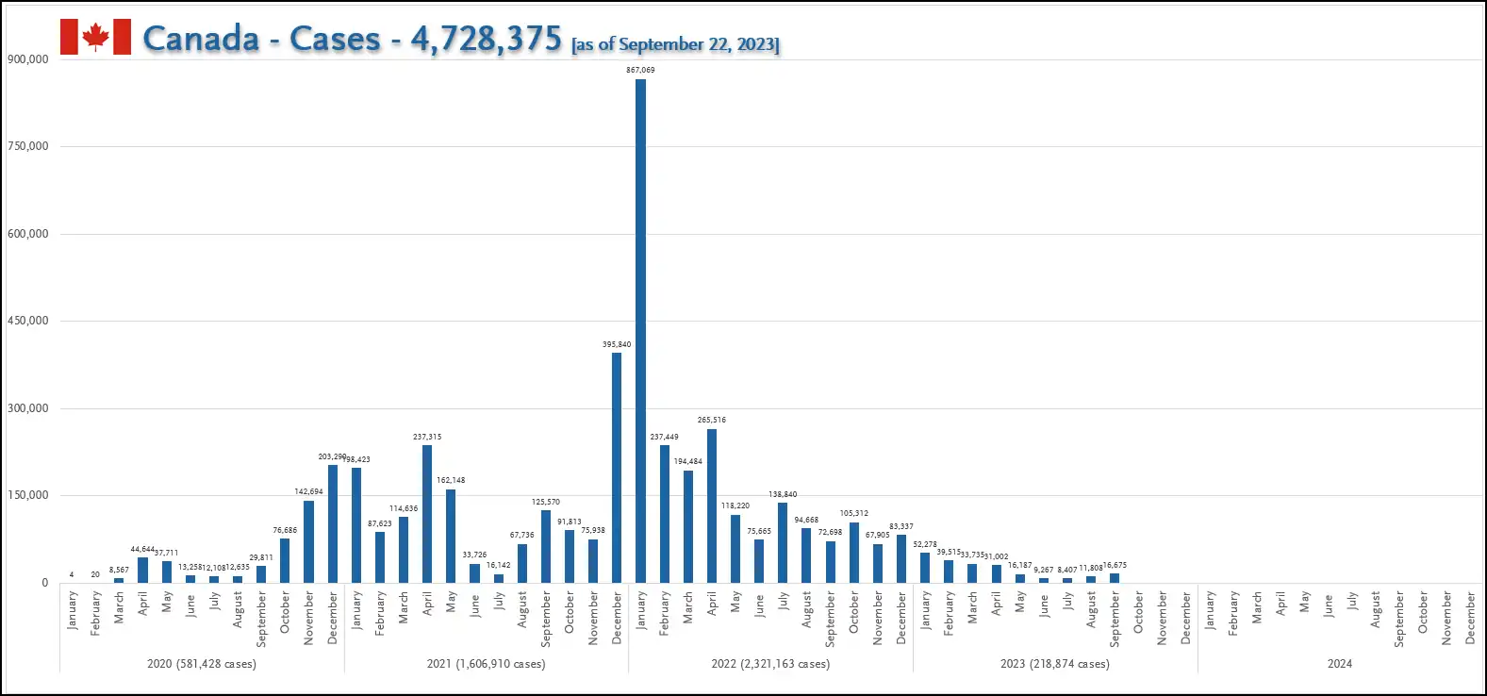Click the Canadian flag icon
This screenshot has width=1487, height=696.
coord(95,37)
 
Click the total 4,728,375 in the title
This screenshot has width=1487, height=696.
coord(486,39)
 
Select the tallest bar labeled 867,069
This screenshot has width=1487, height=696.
coord(641,330)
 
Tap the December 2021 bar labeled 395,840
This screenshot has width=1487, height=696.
coord(617,467)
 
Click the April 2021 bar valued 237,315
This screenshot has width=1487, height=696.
coord(427,514)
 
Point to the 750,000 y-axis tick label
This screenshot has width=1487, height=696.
coord(28,146)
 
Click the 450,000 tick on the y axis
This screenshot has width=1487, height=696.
coord(28,321)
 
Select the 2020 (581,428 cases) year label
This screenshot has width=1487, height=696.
coord(202,664)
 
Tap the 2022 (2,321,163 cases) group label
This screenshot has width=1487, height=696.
coord(770,664)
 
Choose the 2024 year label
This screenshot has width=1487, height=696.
coord(1340,664)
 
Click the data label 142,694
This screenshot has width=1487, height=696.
coord(308,491)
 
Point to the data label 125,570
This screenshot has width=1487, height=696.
coord(546,502)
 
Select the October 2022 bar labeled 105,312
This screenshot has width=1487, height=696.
coord(854,553)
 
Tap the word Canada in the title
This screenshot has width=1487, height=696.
coord(201,39)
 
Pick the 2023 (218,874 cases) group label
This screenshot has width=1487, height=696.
coord(1055,664)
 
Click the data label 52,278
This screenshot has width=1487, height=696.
coord(925,544)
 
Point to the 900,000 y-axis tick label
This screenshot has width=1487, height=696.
coord(28,58)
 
